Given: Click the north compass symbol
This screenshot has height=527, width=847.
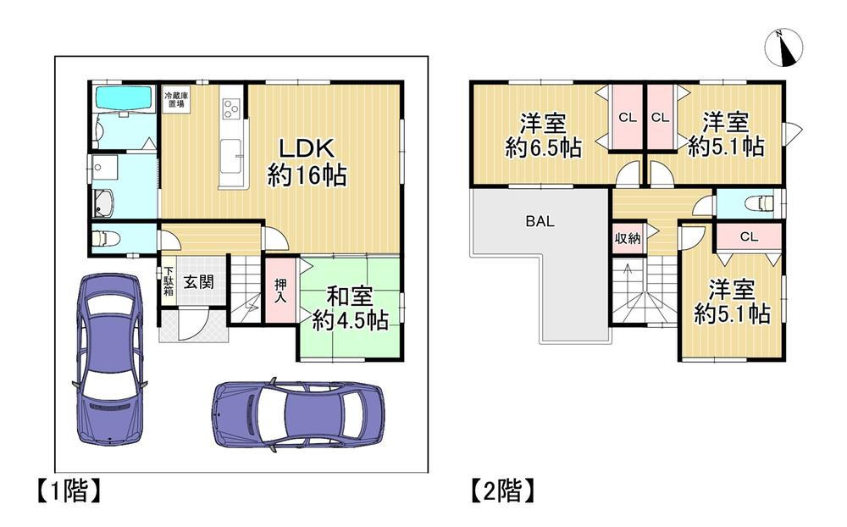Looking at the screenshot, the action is pos(783,47).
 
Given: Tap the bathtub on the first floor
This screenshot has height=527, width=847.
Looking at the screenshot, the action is pos(124,98).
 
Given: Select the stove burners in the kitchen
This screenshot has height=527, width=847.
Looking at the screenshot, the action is pos(230,108).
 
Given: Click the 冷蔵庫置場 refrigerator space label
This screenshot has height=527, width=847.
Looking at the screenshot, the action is pos(176,99).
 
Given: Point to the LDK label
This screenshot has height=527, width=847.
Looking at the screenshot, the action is pos(307,147).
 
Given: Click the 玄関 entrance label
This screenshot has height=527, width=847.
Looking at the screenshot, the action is pos(198,281).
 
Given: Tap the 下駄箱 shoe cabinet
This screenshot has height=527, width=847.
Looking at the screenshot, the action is pos(169,281).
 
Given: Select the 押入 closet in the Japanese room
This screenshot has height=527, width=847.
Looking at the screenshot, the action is pos(280,291).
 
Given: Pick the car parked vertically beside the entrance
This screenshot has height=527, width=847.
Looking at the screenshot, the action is pos(109,359).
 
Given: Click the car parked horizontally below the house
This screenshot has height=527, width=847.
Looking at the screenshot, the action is pos(298,413).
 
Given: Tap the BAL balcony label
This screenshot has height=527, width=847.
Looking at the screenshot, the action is pos(540,221).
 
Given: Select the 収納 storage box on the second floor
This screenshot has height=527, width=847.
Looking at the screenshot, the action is pos(628,238).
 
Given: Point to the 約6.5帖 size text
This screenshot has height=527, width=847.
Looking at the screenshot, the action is pos(544,147).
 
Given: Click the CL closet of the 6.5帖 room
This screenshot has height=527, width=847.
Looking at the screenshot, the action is pos(627,117).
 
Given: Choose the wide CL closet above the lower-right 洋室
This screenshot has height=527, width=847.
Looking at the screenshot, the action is pos(749,236).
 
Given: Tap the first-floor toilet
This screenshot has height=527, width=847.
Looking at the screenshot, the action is pos(105,238).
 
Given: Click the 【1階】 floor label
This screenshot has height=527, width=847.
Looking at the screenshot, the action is pos(69,491).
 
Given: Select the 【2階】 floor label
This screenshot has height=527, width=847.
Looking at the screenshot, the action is pos(503,491).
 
